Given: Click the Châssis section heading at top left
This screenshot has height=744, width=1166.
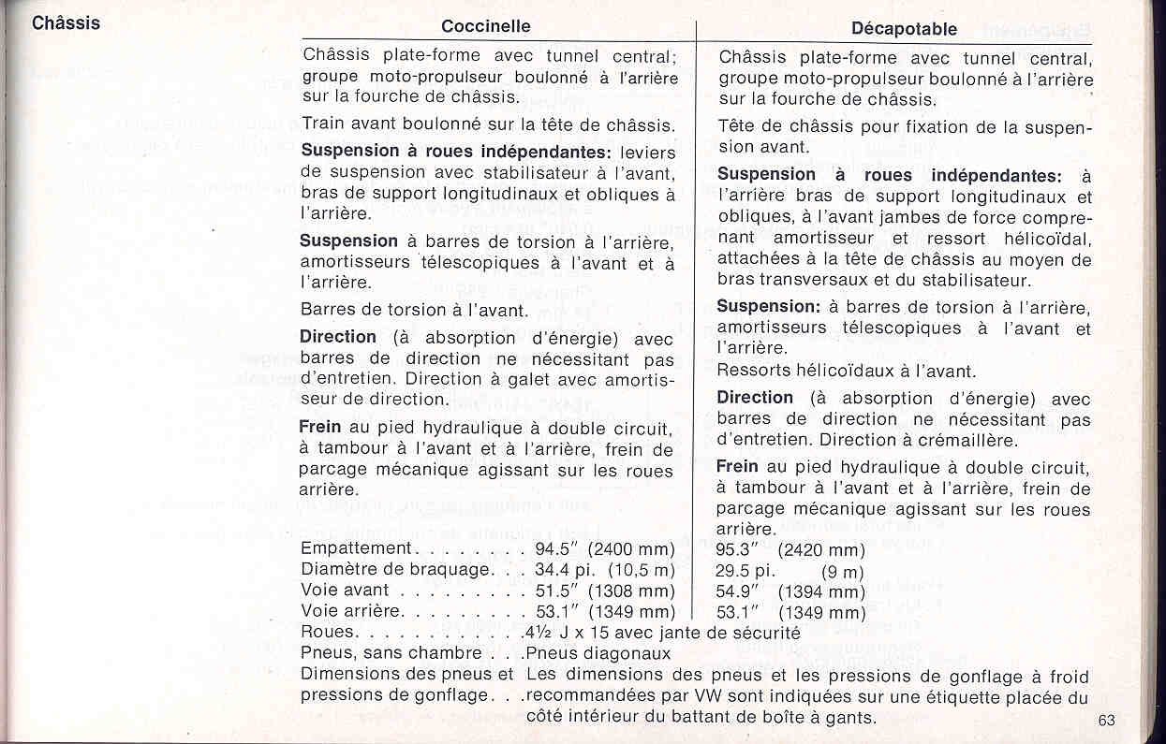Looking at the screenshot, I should pyautogui.click(x=66, y=23).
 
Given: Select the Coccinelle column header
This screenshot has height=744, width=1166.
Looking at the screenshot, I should pyautogui.click(x=485, y=26).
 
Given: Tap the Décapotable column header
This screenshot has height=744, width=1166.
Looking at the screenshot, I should pyautogui.click(x=904, y=29).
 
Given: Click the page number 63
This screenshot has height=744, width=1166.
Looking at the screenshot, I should pyautogui.click(x=1108, y=721).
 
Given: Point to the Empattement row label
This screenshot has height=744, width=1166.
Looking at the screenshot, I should pyautogui.click(x=357, y=548).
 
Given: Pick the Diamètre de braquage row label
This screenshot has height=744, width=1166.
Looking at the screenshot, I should pyautogui.click(x=395, y=569).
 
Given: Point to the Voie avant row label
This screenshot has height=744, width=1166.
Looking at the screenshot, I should pyautogui.click(x=345, y=591).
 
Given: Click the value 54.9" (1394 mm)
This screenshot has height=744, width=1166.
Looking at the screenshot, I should pyautogui.click(x=790, y=591).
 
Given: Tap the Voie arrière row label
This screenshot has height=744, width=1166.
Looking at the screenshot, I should pyautogui.click(x=352, y=611).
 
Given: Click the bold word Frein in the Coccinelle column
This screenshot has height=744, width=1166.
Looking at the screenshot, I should pyautogui.click(x=320, y=427).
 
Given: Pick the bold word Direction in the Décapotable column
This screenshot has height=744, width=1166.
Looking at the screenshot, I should pyautogui.click(x=755, y=398).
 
